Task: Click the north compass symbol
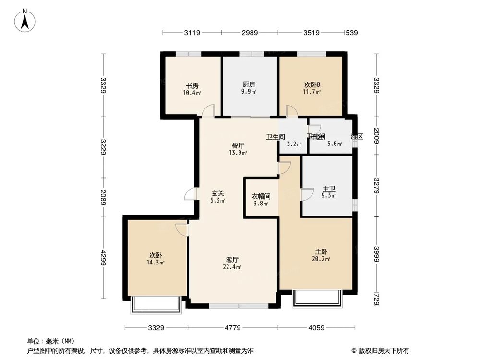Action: pyautogui.click(x=25, y=20)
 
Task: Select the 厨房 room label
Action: pyautogui.click(x=249, y=85)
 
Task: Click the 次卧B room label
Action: pyautogui.click(x=312, y=85)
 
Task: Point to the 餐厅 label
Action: pyautogui.click(x=238, y=146)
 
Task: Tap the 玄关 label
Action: pyautogui.click(x=218, y=194)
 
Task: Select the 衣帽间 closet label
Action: pyautogui.click(x=261, y=196)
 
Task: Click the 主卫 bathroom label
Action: pyautogui.click(x=329, y=189)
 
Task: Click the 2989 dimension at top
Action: pyautogui.click(x=250, y=33)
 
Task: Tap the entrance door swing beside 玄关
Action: pyautogui.click(x=191, y=194)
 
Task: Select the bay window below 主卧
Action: pyautogui.click(x=317, y=298)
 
